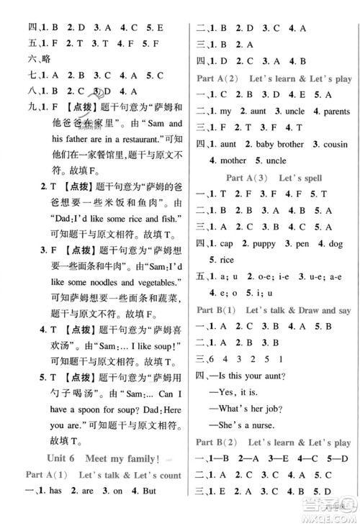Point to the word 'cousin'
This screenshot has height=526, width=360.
tap(328, 143)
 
